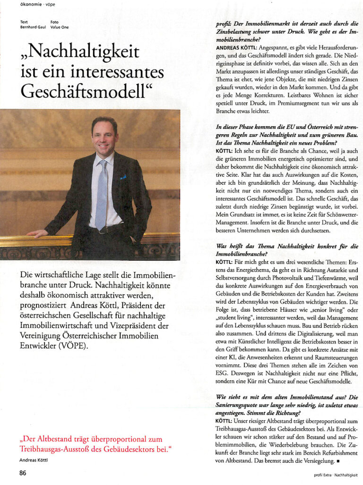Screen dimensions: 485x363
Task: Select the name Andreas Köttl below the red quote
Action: coord(34,459)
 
